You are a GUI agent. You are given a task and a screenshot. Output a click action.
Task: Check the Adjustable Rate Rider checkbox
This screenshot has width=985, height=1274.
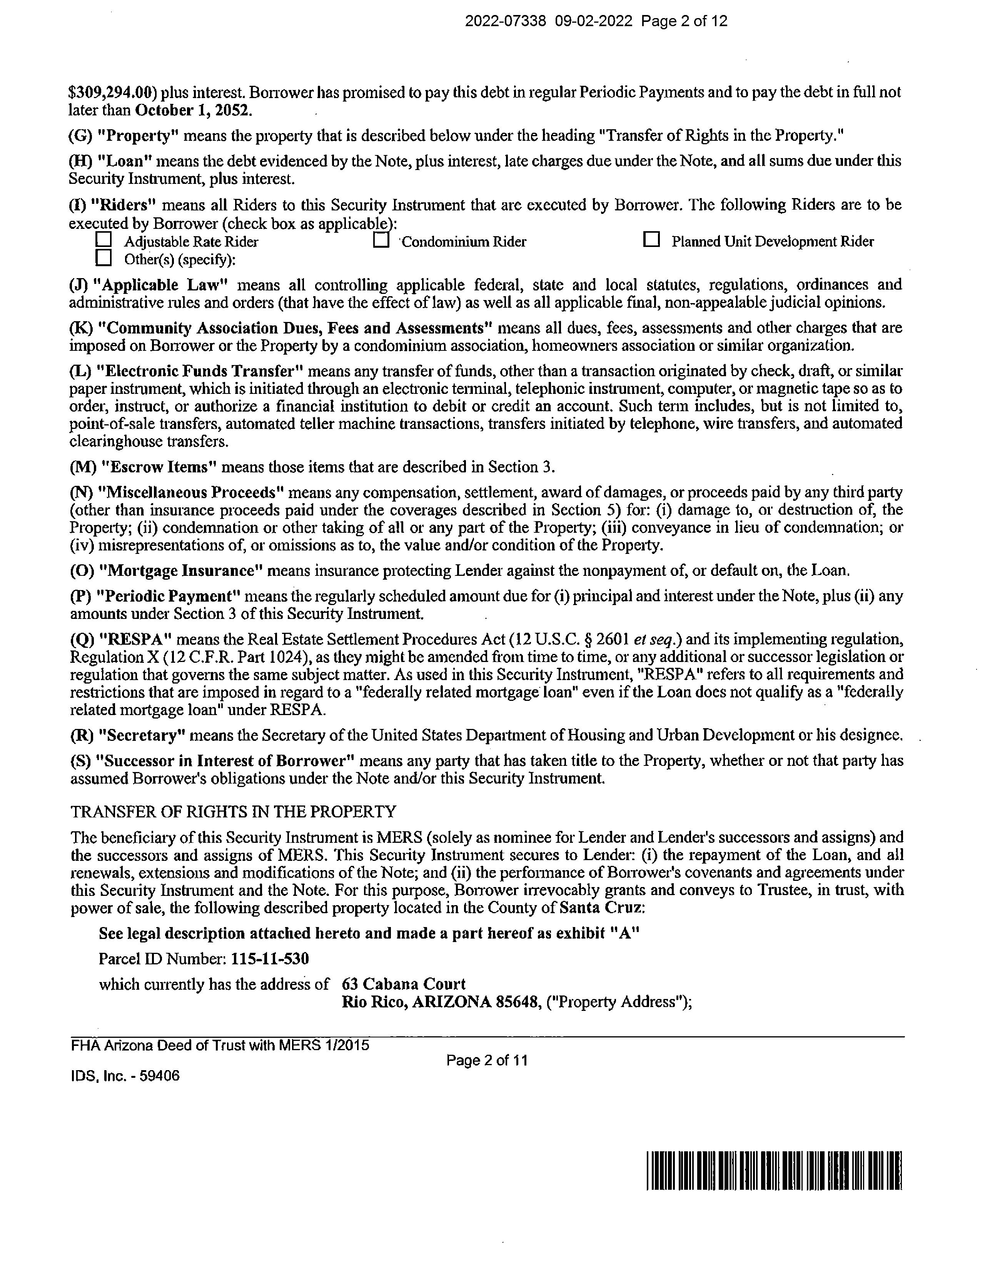[x=104, y=239]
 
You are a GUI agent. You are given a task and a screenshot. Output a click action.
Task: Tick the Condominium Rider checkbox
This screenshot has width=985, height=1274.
[x=381, y=240]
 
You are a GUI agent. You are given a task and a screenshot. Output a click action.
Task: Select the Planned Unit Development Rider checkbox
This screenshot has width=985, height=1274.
[x=651, y=239]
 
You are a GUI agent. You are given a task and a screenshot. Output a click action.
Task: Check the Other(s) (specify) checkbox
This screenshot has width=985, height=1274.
[x=104, y=257]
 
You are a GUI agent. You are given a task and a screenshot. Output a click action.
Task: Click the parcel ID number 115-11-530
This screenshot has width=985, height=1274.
[x=270, y=959]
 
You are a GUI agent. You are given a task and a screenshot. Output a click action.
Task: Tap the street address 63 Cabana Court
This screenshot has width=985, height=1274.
[x=403, y=984]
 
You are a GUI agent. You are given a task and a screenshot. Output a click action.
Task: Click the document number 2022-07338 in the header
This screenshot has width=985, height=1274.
[x=505, y=22]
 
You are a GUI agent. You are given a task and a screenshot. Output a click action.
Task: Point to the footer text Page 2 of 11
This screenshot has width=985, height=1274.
[x=487, y=1060]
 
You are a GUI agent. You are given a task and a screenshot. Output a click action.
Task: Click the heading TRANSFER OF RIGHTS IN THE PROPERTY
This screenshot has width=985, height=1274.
[x=234, y=811]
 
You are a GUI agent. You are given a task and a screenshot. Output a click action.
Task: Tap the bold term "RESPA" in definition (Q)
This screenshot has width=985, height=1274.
[x=133, y=639]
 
